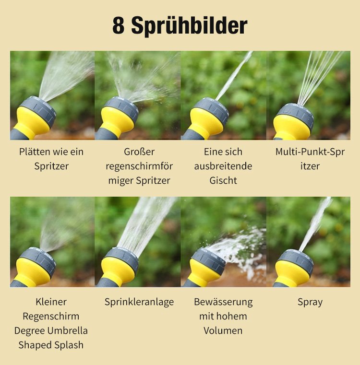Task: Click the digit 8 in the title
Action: tap(119, 25)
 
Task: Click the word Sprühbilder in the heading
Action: tap(189, 26)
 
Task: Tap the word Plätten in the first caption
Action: tap(35, 152)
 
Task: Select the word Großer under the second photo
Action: tap(139, 152)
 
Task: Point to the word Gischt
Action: tap(223, 180)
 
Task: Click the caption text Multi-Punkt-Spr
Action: tap(310, 152)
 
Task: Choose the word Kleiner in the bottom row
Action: tap(51, 302)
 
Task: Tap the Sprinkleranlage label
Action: tap(139, 302)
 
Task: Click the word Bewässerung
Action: tap(223, 302)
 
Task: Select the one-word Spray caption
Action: tap(310, 302)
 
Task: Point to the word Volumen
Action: tap(223, 330)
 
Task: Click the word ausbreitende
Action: tap(223, 166)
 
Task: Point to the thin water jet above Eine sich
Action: tap(234, 76)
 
